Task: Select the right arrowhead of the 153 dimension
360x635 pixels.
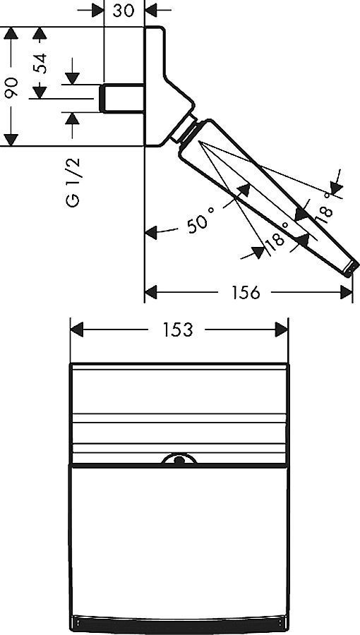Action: click(x=282, y=329)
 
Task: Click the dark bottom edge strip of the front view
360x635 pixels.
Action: click(x=179, y=624)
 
